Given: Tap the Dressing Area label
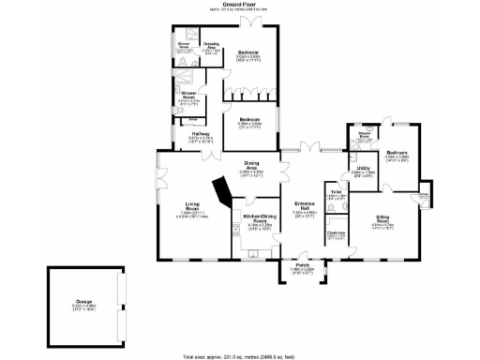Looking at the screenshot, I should [x=211, y=45].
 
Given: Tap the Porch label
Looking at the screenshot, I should [x=302, y=265].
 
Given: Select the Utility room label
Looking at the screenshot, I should [x=364, y=169].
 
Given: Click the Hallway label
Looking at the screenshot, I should [x=201, y=136].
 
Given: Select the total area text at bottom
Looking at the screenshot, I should [x=239, y=355].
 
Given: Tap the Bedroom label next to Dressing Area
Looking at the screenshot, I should [x=247, y=52].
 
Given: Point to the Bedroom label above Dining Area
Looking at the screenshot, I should [x=249, y=120].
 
